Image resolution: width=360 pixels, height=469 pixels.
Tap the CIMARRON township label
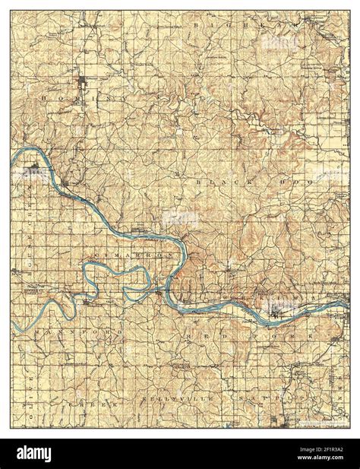125,249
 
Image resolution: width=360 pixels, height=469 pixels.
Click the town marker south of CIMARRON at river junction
157,289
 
